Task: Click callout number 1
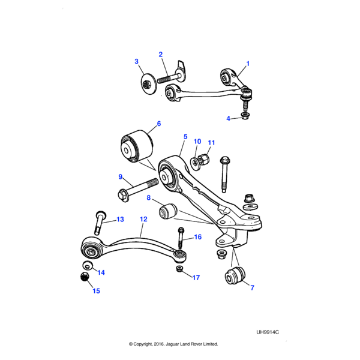tap(248, 63)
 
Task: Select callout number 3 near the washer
tap(136, 62)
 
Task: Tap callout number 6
tap(159, 124)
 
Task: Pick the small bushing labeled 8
tap(167, 211)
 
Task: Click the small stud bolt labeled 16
tap(180, 241)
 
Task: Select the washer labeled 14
tap(87, 265)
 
